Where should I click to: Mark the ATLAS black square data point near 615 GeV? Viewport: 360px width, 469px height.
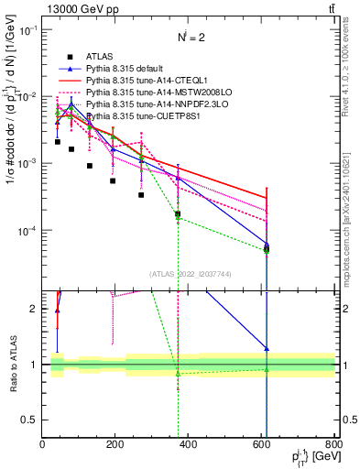[267, 249]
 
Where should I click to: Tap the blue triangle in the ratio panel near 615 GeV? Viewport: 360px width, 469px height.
[267, 349]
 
